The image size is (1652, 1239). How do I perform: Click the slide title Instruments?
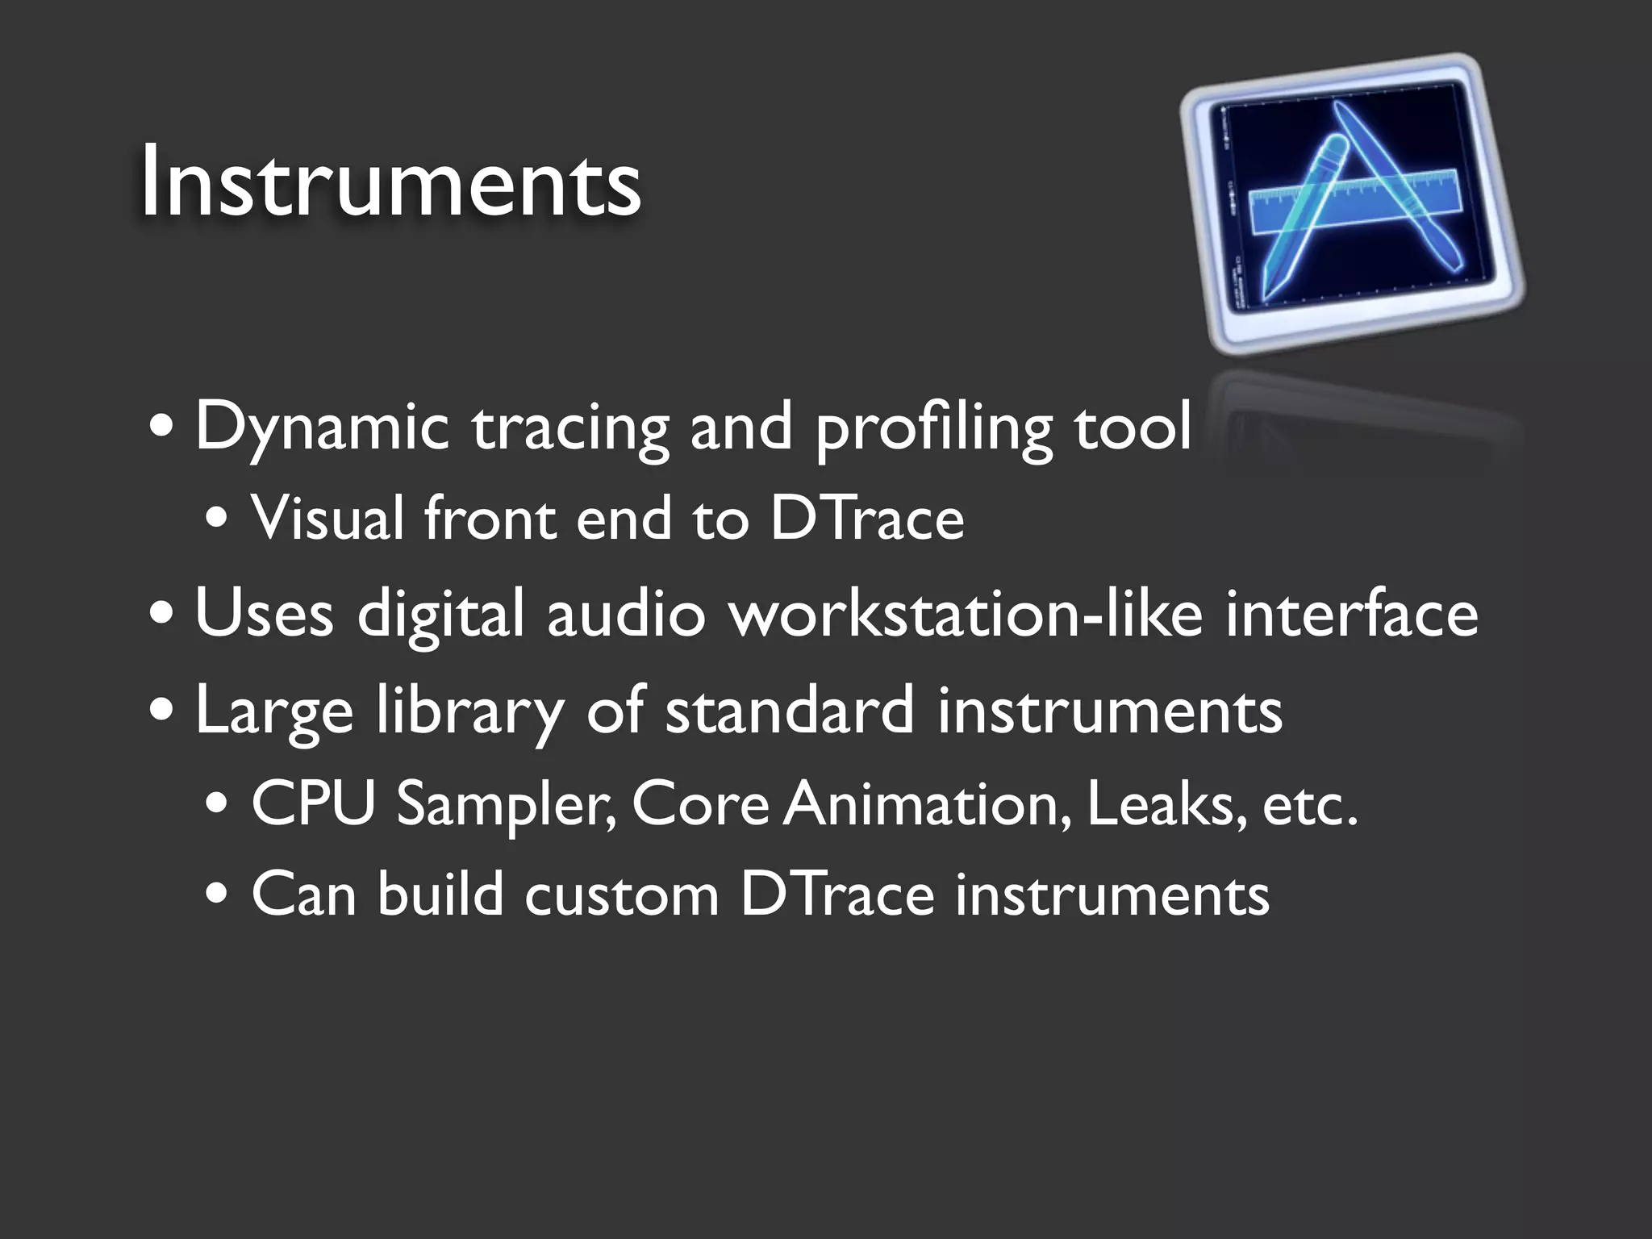pyautogui.click(x=390, y=181)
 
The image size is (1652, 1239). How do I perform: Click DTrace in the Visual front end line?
pyautogui.click(x=867, y=518)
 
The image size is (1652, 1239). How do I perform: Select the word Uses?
pyautogui.click(x=264, y=613)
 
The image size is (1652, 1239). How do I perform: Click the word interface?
pyautogui.click(x=1352, y=613)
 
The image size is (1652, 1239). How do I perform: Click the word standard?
pyautogui.click(x=790, y=710)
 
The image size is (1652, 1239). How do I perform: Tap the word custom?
pyautogui.click(x=621, y=895)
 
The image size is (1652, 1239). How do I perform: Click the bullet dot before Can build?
pyautogui.click(x=217, y=895)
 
